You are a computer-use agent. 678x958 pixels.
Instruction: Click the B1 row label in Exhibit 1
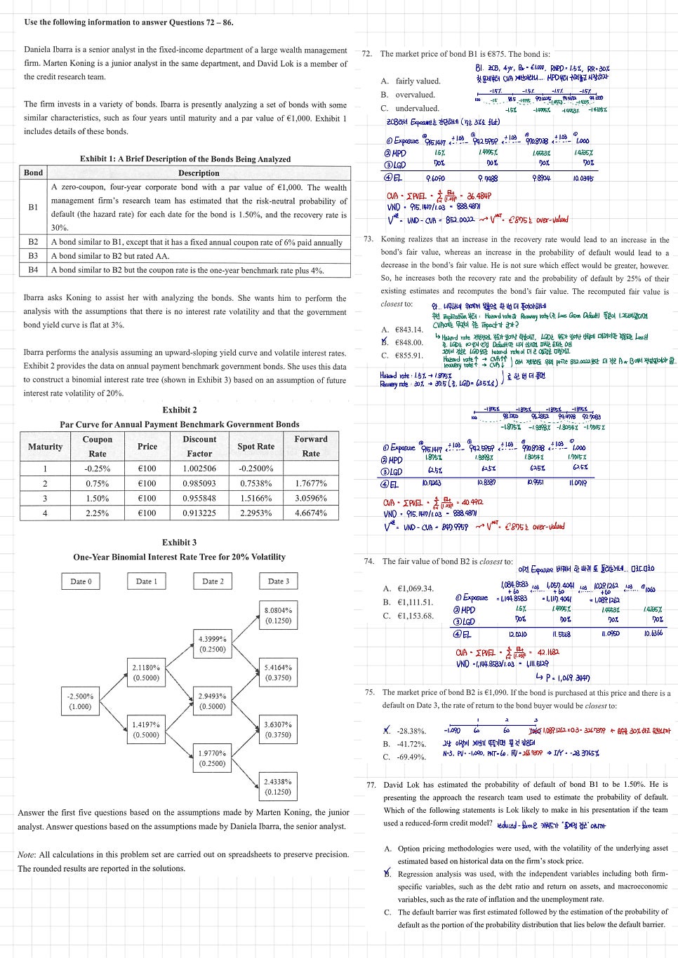33,208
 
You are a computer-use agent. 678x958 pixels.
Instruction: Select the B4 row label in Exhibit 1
33,270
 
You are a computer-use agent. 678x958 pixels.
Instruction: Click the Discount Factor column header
199,446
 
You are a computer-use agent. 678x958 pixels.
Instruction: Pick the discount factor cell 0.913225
199,513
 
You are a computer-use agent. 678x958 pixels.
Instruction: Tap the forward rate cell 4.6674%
311,513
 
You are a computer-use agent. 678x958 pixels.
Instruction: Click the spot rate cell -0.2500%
255,468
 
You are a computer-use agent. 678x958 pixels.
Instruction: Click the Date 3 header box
279,581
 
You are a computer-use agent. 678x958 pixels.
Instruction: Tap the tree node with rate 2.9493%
212,701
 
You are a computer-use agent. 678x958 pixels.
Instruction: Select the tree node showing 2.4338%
279,786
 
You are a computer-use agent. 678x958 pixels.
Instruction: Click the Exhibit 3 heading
179,542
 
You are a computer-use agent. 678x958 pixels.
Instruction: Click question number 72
367,54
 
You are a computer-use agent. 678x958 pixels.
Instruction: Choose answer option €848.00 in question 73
408,343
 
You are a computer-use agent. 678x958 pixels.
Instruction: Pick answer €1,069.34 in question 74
415,588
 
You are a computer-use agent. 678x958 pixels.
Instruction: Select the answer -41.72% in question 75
411,743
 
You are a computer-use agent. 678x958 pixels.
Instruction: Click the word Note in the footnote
26,855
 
